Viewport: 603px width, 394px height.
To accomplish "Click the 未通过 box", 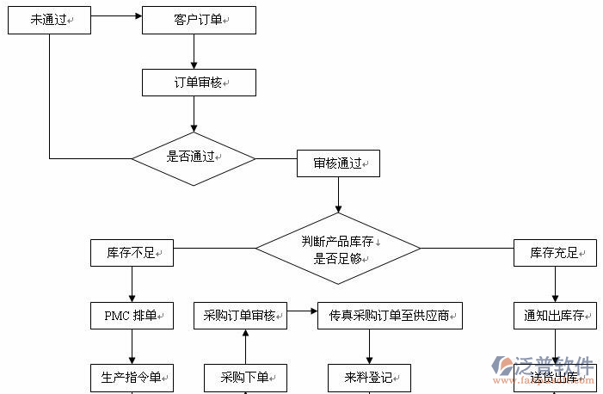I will [x=49, y=20].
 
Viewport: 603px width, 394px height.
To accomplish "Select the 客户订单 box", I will [x=198, y=20].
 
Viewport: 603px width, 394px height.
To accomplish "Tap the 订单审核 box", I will [x=198, y=83].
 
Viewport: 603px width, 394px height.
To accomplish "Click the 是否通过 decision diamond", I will [x=194, y=158].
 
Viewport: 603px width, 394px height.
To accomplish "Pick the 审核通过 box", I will [x=338, y=163].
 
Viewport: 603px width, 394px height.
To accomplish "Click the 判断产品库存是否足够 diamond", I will [x=337, y=249].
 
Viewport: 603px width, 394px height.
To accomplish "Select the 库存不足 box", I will [x=132, y=254].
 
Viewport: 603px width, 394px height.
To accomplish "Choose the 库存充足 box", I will [x=555, y=254].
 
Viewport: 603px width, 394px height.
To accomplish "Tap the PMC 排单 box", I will [x=132, y=316].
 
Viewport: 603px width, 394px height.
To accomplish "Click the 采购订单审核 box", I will [x=240, y=316].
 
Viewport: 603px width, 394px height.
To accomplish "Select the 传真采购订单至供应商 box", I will [x=390, y=316].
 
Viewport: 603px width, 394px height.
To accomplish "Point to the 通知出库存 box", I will [x=555, y=316].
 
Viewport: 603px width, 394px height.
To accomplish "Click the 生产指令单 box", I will [x=132, y=377].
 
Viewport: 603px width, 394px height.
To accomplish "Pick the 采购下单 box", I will [x=245, y=377].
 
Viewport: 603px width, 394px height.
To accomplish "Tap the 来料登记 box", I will [x=369, y=377].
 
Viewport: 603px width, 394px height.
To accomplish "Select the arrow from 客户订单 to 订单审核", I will [x=194, y=51].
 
